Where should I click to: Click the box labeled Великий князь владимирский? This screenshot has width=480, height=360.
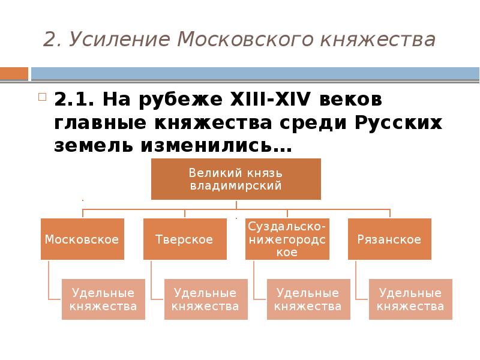pyautogui.click(x=236, y=179)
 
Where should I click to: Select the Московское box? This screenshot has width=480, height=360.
pyautogui.click(x=82, y=239)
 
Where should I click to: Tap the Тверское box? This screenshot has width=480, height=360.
pyautogui.click(x=184, y=239)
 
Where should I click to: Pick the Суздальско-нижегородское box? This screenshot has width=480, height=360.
pyautogui.click(x=287, y=239)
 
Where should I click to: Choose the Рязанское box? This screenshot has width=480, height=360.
pyautogui.click(x=389, y=239)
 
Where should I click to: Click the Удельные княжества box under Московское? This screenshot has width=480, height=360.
pyautogui.click(x=103, y=299)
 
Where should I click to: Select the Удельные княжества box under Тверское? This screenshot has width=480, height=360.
pyautogui.click(x=205, y=299)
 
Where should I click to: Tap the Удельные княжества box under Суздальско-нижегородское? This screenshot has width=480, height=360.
pyautogui.click(x=308, y=299)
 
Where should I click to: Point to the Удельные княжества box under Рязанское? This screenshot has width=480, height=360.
pyautogui.click(x=411, y=299)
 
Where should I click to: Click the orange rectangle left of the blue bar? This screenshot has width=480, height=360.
pyautogui.click(x=14, y=73)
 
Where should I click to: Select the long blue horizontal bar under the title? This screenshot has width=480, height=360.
pyautogui.click(x=255, y=73)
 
